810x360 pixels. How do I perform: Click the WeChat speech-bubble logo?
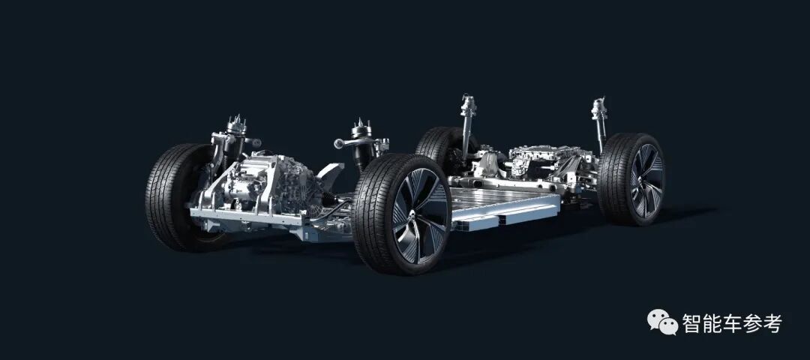tap(662, 322)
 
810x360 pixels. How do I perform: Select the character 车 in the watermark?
tap(732, 323)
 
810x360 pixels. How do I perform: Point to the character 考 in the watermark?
tap(772, 323)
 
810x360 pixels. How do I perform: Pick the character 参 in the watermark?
tap(752, 323)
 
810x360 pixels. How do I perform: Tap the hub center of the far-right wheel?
tap(646, 180)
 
